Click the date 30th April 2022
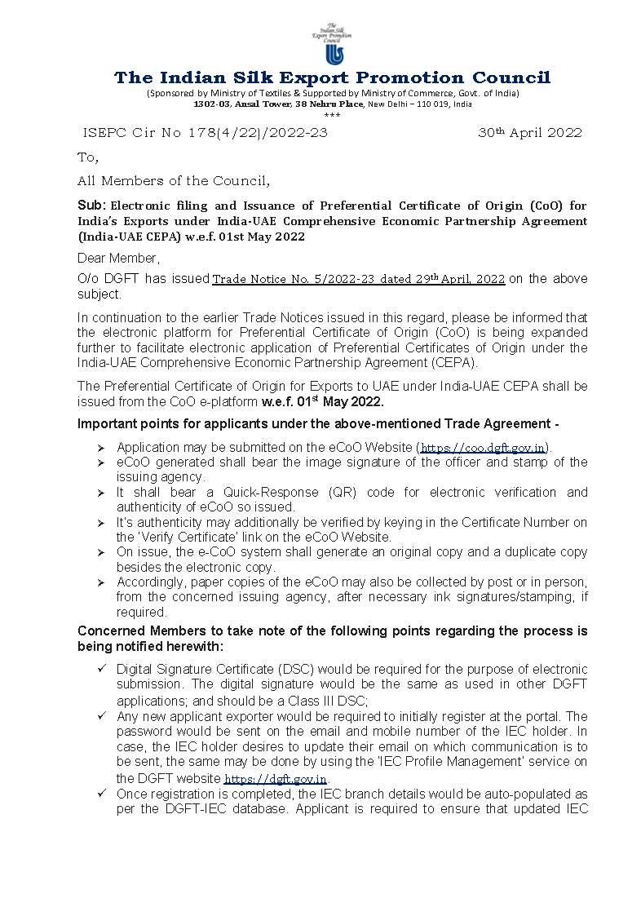529,132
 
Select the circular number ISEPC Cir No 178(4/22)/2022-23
206,133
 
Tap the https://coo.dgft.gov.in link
483,448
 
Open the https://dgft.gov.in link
276,779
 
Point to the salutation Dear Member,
119,259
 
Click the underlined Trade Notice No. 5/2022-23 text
358,279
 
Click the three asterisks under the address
332,115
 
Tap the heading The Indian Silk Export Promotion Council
332,77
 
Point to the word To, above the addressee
87,157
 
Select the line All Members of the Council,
174,180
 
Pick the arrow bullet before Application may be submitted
101,448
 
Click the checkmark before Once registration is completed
102,794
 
